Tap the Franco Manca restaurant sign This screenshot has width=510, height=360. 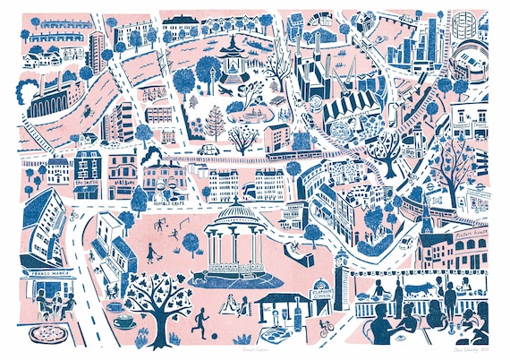click(52, 266)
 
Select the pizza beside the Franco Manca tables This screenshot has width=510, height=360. click(46, 333)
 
